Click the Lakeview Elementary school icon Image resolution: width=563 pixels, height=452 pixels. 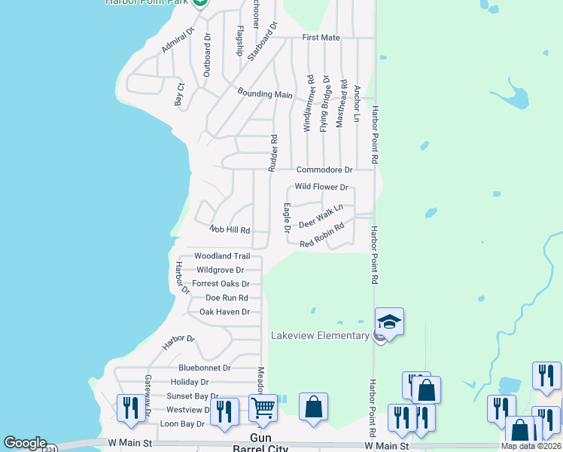tap(390, 322)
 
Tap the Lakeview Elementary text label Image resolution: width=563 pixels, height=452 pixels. tap(320, 335)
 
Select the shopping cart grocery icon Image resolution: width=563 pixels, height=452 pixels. tap(263, 408)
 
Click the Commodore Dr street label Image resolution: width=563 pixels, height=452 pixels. tap(324, 170)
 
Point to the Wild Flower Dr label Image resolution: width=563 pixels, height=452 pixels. tap(321, 187)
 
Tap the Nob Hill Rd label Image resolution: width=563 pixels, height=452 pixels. tap(230, 230)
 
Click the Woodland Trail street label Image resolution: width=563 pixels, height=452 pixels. tap(222, 256)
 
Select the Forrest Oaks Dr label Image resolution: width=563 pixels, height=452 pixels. tap(221, 283)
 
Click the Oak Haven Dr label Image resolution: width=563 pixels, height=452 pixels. tap(224, 311)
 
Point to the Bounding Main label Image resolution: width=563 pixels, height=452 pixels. tap(265, 94)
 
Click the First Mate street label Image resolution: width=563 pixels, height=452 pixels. tap(321, 37)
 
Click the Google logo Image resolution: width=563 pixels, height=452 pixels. tap(25, 443)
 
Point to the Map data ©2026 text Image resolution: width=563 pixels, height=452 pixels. tap(531, 446)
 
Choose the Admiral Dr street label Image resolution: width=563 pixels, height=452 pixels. tap(178, 41)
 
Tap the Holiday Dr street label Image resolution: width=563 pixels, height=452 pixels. tap(190, 382)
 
